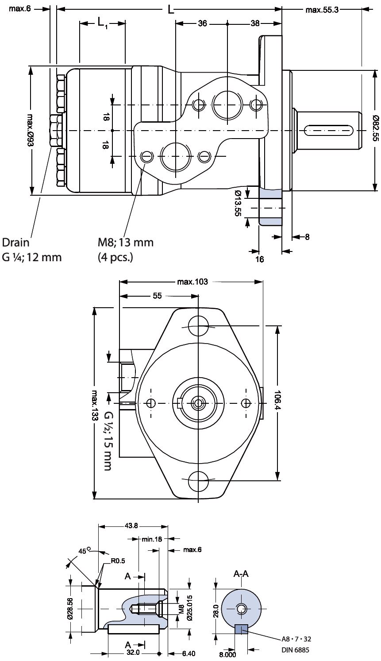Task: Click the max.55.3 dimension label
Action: click(322, 10)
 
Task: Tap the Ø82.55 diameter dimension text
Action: click(375, 128)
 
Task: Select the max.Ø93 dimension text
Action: click(30, 130)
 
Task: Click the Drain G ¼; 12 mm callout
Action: click(32, 249)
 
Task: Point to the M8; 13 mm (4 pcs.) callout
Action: click(126, 249)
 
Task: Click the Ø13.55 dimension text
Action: click(238, 203)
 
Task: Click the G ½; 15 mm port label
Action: click(108, 441)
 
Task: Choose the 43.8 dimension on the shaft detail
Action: click(131, 526)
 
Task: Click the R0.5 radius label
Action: click(118, 560)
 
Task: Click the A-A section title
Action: click(241, 574)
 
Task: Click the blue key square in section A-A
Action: click(241, 629)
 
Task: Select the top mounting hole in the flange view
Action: click(198, 326)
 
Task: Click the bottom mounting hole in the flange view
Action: click(198, 480)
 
